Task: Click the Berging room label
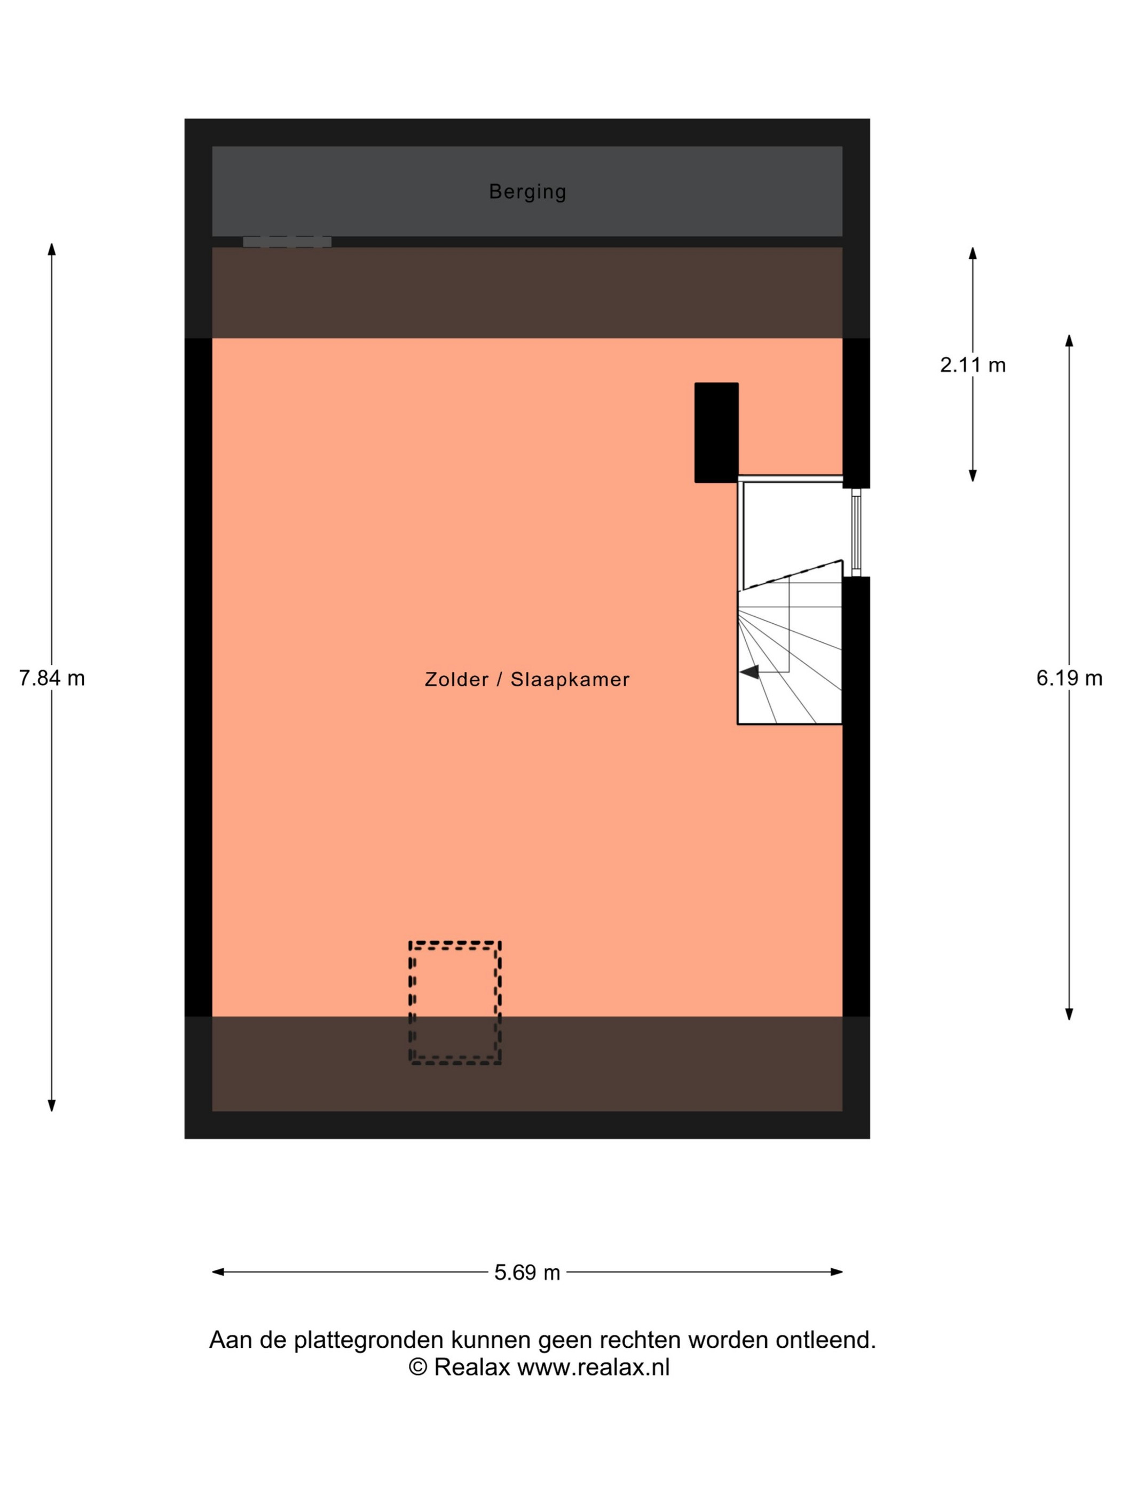pos(527,191)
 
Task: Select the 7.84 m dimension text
pos(52,678)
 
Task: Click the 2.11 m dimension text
pos(973,365)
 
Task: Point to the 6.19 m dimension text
pos(1069,678)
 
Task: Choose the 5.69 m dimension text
pos(527,1273)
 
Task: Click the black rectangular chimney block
pos(716,433)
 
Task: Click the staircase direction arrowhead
pos(749,671)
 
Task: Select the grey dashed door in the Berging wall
pos(287,241)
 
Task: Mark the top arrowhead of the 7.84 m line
pos(51,249)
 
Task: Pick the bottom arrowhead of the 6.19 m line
pos(1069,1034)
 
